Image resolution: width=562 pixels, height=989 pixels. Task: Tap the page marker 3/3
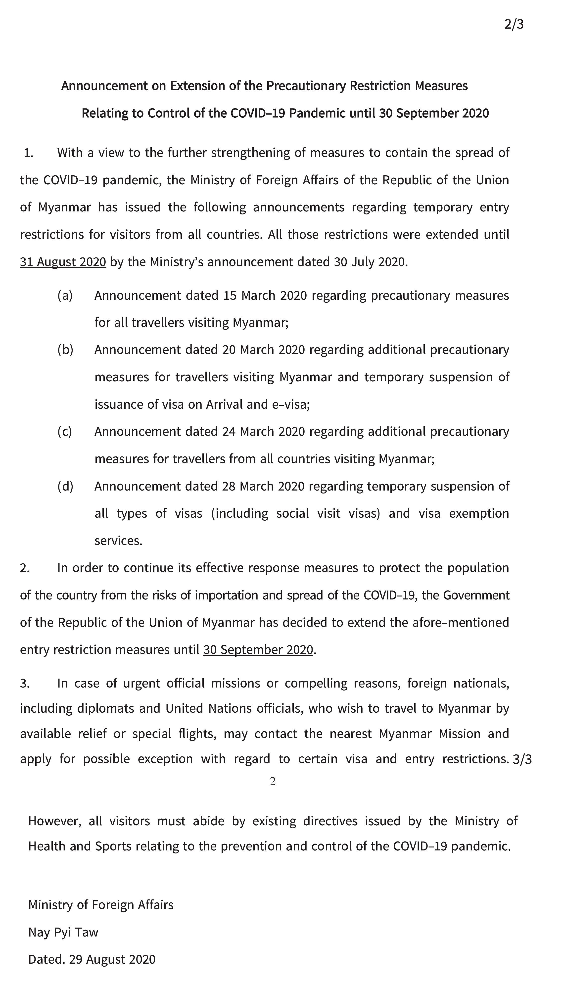pos(522,759)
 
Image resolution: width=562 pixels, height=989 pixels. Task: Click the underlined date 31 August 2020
pos(63,262)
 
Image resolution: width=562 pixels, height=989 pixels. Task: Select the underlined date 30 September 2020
pos(258,650)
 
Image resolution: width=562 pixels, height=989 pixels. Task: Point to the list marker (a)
pos(65,295)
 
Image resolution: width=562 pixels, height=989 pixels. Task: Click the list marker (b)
pos(65,349)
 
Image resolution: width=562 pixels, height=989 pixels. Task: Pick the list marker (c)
pos(64,431)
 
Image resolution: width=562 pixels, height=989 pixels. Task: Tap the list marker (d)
pos(65,486)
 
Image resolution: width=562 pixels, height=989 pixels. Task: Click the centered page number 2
pos(273,781)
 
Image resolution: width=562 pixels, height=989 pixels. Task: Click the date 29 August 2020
pos(112,959)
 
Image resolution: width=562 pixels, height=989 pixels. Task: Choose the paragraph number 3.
pos(25,683)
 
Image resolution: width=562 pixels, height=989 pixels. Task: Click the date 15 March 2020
pos(265,295)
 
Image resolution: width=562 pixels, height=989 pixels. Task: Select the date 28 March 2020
pos(263,486)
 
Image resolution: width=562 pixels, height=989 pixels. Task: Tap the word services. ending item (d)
pos(118,541)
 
